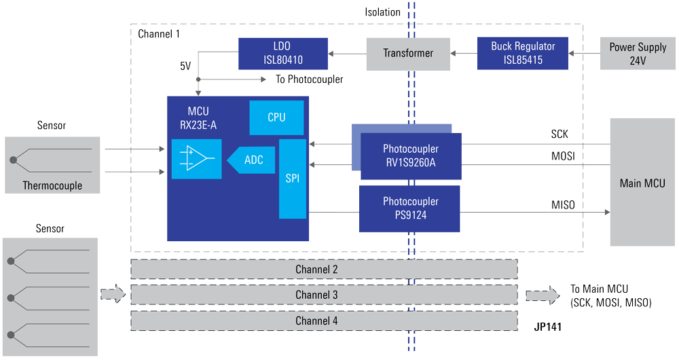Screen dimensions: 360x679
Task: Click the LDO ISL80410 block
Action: click(283, 53)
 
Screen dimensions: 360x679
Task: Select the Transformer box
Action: click(408, 53)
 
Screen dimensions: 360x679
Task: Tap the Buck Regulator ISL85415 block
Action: click(522, 53)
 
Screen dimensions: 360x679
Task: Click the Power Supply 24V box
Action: click(637, 53)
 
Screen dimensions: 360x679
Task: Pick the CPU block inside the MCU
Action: click(276, 118)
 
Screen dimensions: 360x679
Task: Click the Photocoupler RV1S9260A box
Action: click(411, 156)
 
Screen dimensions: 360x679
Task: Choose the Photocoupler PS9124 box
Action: click(410, 208)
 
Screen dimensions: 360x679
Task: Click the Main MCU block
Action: click(642, 183)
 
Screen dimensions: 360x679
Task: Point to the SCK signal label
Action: click(559, 134)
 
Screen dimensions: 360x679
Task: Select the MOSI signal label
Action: click(561, 157)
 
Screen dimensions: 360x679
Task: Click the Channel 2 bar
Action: click(324, 270)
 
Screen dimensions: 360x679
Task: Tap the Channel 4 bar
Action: click(324, 321)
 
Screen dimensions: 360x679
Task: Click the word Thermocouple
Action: click(52, 185)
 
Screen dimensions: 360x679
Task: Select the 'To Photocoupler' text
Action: click(309, 79)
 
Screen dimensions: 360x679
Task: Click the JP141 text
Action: click(547, 327)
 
